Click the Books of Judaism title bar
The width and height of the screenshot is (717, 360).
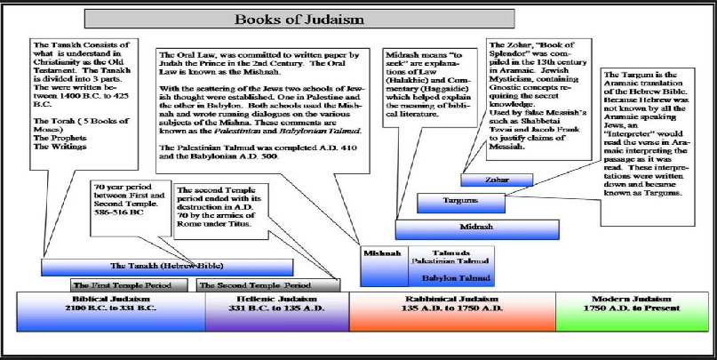(x=299, y=20)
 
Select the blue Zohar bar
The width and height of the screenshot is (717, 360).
(x=497, y=180)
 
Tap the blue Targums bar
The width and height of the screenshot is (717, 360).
(x=461, y=203)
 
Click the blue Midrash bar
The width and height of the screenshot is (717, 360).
(x=477, y=229)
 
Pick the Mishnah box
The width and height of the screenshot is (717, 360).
(x=384, y=267)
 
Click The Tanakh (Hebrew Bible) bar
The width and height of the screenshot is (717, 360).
(x=167, y=268)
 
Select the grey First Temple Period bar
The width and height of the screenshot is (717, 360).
(x=129, y=285)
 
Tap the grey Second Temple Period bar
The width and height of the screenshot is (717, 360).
(x=268, y=285)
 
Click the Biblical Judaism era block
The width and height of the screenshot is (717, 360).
(x=111, y=311)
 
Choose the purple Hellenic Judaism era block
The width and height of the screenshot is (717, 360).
(x=277, y=311)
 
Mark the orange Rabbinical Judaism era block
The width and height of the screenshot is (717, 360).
(x=453, y=311)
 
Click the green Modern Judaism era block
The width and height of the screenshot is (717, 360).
(x=632, y=311)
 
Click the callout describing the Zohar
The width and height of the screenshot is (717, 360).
(x=538, y=100)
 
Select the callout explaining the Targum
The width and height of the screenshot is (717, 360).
(x=648, y=147)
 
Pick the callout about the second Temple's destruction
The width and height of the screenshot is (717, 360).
(x=221, y=211)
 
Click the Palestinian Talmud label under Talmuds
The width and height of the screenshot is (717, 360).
(x=450, y=261)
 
